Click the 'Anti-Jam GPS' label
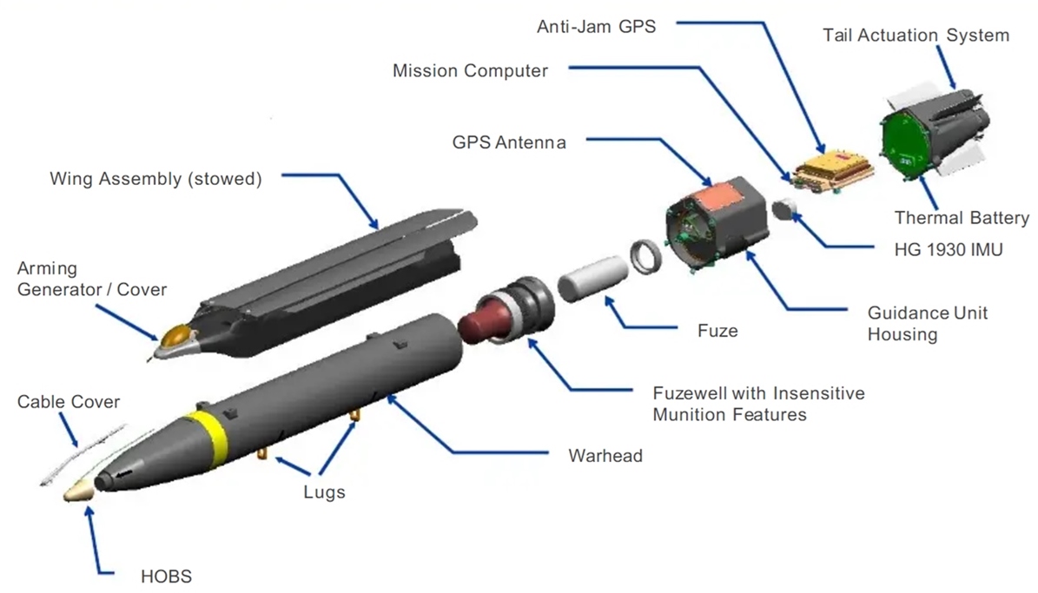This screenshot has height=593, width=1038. click(596, 27)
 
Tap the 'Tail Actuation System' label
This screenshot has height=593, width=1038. click(916, 36)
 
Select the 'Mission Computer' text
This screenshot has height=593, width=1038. click(470, 71)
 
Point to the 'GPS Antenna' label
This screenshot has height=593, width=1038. click(508, 142)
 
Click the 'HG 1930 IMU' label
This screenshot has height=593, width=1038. click(949, 250)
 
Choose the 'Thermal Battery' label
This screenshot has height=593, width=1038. click(962, 218)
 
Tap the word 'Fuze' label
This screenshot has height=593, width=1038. click(717, 331)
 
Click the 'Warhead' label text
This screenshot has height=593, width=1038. click(605, 455)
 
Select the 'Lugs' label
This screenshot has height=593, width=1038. click(324, 492)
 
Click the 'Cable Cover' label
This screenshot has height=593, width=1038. click(69, 402)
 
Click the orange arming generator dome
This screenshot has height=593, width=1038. click(177, 334)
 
